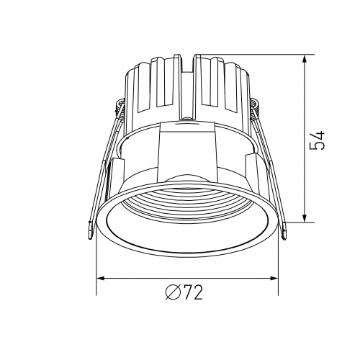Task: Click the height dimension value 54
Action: [x=318, y=140]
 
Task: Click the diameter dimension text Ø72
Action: [x=184, y=292]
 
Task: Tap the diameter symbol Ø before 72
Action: [x=172, y=292]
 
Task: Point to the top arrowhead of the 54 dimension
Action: [x=305, y=60]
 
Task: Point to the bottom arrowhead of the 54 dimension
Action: [x=305, y=217]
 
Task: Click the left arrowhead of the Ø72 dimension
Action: [x=101, y=279]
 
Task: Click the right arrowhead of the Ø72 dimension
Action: [x=274, y=279]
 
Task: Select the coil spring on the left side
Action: [x=120, y=107]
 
